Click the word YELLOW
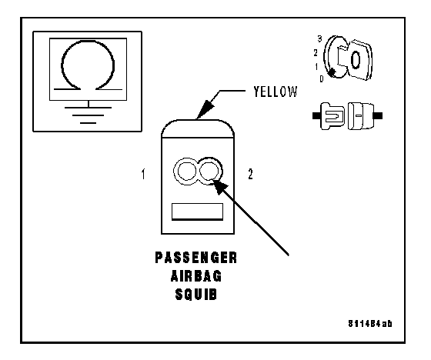click(276, 92)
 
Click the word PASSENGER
click(196, 258)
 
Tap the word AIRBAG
click(196, 276)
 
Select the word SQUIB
click(196, 295)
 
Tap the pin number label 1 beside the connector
click(143, 174)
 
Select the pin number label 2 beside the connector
click(250, 174)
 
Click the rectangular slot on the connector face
click(197, 212)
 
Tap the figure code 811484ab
click(370, 324)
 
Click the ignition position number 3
click(319, 39)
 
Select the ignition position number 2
click(316, 53)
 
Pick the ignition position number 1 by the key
click(316, 66)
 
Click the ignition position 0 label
click(322, 79)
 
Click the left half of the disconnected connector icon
click(329, 116)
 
